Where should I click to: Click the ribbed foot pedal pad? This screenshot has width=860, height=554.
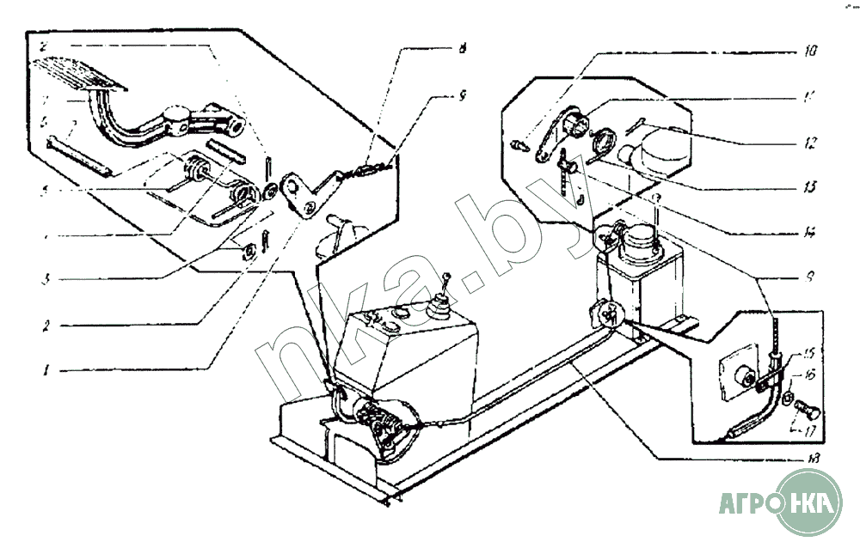pyautogui.click(x=81, y=70)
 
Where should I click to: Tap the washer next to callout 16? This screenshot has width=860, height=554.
pyautogui.click(x=787, y=397)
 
